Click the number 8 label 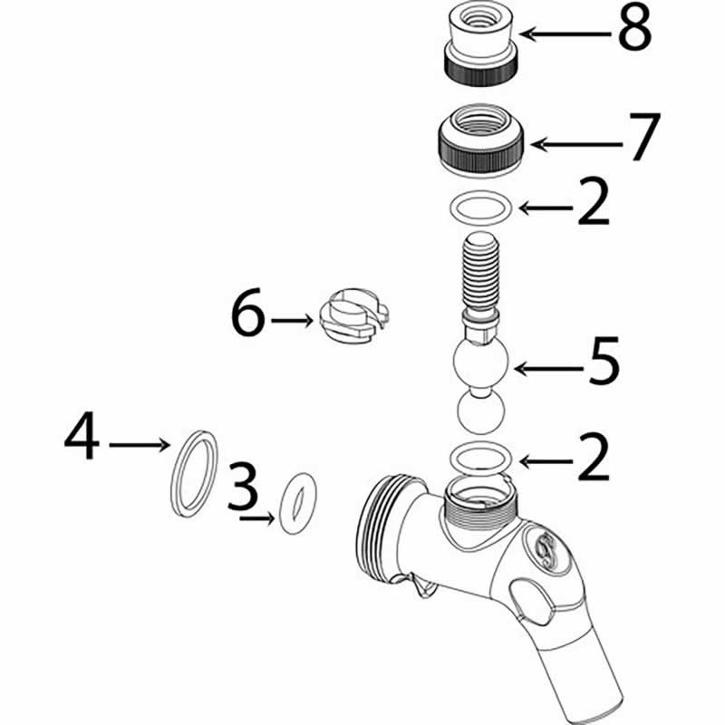pyautogui.click(x=634, y=31)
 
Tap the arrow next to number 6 pyautogui.click(x=293, y=320)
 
